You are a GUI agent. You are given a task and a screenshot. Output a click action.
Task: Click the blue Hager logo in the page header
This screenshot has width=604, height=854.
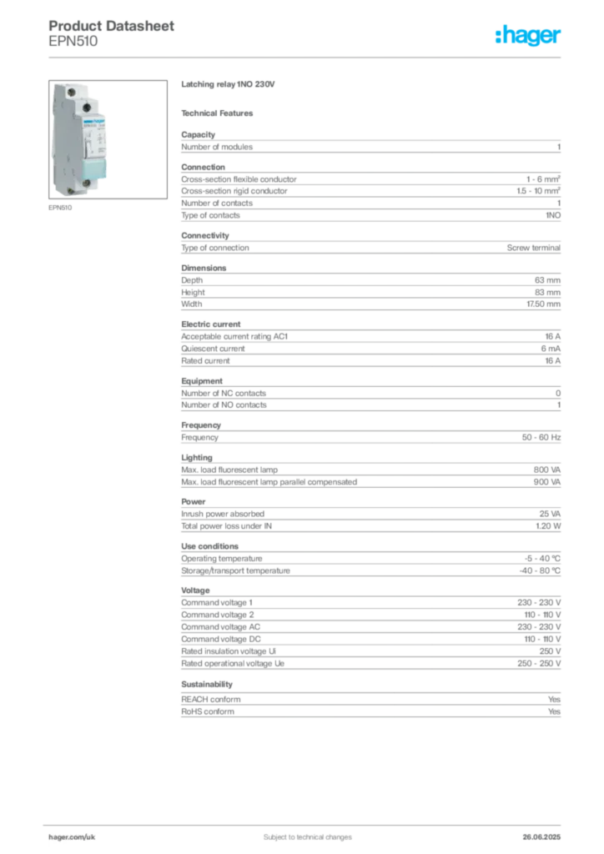pyautogui.click(x=529, y=37)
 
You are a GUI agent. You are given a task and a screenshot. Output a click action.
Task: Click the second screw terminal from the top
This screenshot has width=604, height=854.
pyautogui.click(x=86, y=105)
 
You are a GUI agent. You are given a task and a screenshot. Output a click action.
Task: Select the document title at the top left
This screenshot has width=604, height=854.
pyautogui.click(x=113, y=25)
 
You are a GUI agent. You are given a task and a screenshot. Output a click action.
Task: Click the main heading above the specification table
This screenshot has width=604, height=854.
pyautogui.click(x=229, y=85)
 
